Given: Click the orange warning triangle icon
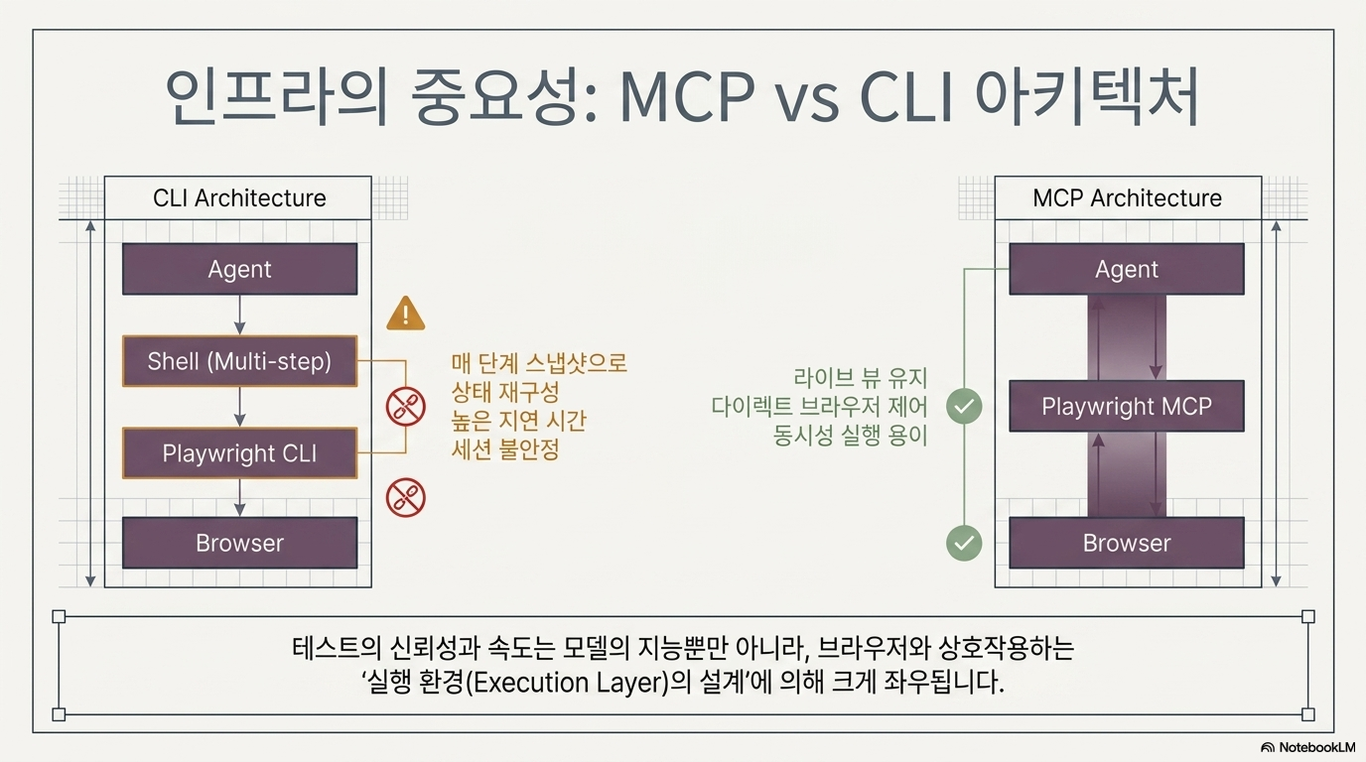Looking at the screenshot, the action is pos(405,314).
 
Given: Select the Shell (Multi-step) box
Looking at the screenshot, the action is pos(239,361).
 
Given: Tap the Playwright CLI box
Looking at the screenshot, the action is pos(239,452).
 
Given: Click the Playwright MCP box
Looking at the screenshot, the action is pos(1127,406).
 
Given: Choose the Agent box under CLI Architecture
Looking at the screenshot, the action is pos(239,269).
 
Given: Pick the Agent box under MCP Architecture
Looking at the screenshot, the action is pos(1127,269).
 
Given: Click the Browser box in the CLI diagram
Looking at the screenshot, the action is pos(239,543).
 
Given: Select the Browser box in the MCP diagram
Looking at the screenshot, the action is pos(1127,543).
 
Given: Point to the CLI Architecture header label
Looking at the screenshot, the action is pos(239,198).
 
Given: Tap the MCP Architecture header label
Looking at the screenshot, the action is pos(1127,198).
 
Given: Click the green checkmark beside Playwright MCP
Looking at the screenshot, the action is pos(964,406).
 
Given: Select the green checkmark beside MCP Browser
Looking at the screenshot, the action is pos(964,543).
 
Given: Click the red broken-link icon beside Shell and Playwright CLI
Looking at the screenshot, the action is pos(405,407).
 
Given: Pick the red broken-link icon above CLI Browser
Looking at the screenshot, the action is pos(405,497).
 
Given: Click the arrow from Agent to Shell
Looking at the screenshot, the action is pos(239,316).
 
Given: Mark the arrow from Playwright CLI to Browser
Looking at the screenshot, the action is pos(239,498).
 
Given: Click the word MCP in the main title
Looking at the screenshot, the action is pos(687,97).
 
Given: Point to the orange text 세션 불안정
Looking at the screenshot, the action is pos(505,449).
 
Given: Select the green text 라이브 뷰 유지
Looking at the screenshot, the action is pos(860,378).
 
